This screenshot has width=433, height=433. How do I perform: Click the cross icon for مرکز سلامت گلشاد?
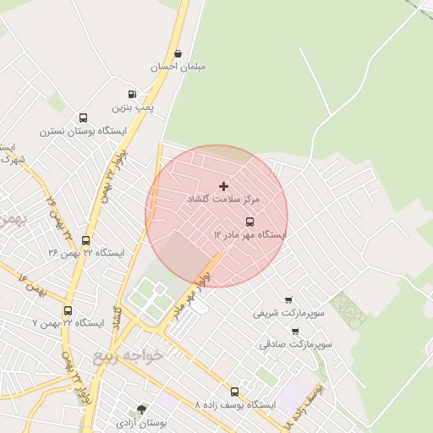[223, 186]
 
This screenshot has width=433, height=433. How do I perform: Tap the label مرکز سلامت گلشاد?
[224, 199]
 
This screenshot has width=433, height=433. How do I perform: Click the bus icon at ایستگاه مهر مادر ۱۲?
[249, 222]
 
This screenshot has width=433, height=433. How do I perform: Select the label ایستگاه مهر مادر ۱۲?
[249, 234]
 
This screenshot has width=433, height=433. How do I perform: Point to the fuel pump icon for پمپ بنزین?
[132, 95]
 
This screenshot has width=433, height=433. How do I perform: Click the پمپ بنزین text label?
[133, 107]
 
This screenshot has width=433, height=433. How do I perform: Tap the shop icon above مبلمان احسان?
[178, 53]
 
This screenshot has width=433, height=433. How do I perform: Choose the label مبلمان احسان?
[178, 66]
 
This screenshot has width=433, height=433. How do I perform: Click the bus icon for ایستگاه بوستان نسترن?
[83, 118]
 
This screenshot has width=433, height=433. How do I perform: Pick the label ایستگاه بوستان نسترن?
[83, 132]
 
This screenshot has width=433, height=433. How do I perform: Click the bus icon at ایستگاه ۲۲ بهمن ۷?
[67, 310]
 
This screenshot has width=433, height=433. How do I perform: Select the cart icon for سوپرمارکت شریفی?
[288, 299]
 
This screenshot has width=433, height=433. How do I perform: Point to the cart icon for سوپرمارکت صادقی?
[295, 332]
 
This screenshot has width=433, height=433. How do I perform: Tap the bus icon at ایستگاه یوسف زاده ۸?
[234, 392]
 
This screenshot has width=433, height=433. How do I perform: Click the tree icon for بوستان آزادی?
[140, 409]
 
